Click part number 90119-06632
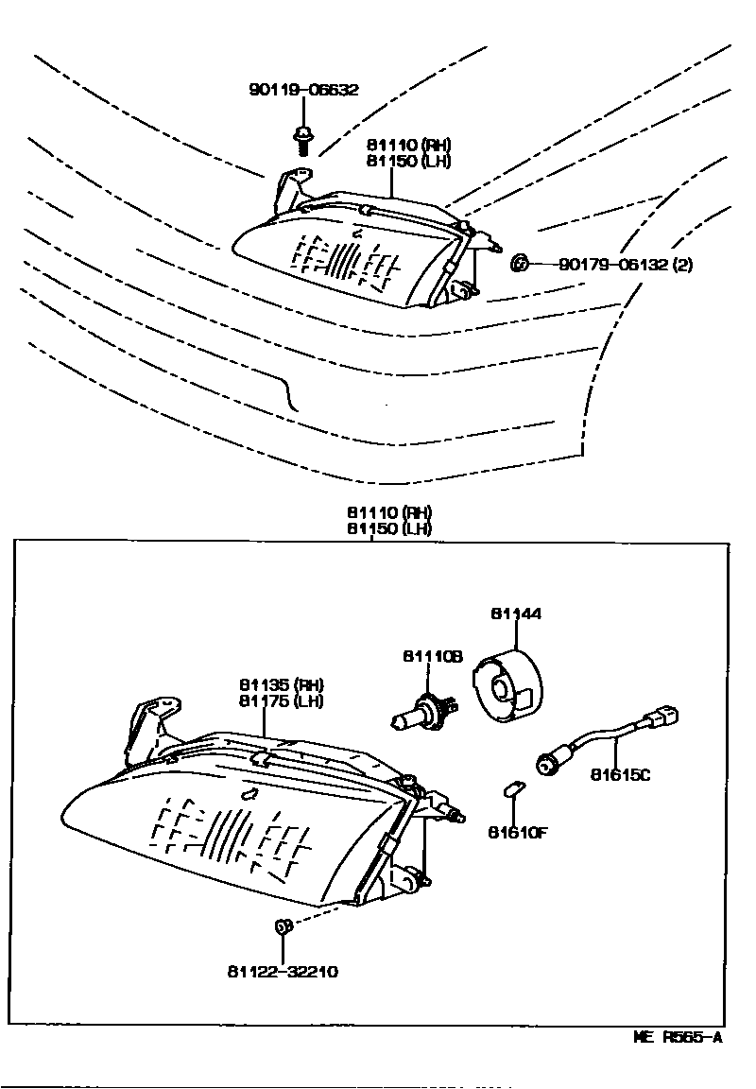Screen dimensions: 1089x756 (304, 91)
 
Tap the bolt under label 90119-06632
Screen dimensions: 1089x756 (302, 138)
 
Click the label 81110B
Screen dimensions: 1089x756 (432, 655)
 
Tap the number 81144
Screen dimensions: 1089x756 (516, 614)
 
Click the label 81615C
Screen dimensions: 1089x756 (621, 776)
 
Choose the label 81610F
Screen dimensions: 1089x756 (518, 833)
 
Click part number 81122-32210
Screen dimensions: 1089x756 (283, 972)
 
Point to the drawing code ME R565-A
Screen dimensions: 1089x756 (678, 1037)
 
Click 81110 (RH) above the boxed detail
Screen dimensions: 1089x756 (388, 513)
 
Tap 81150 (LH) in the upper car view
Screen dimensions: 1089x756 (409, 161)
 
